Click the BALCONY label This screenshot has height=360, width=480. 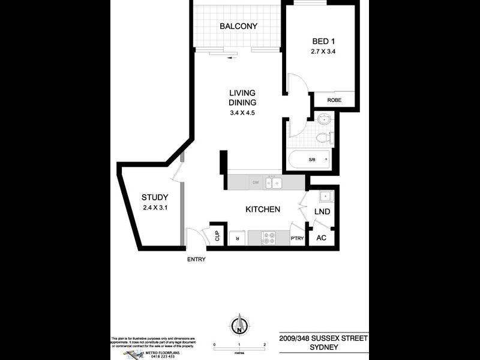tap(238, 26)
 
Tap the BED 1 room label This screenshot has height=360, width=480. tap(321, 41)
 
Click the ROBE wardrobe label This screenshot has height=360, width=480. tap(334, 100)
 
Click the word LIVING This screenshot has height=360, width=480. tap(242, 93)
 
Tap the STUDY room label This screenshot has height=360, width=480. tap(155, 197)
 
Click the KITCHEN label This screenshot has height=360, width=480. tap(263, 209)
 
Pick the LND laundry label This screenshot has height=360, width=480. tap(322, 212)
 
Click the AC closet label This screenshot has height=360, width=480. tap(321, 237)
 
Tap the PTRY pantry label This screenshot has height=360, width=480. tap(297, 238)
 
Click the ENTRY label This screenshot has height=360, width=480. tap(196, 259)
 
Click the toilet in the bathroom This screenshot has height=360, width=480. tap(323, 137)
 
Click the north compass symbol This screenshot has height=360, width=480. tap(239, 326)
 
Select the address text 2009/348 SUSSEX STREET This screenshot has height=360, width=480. tap(323, 338)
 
